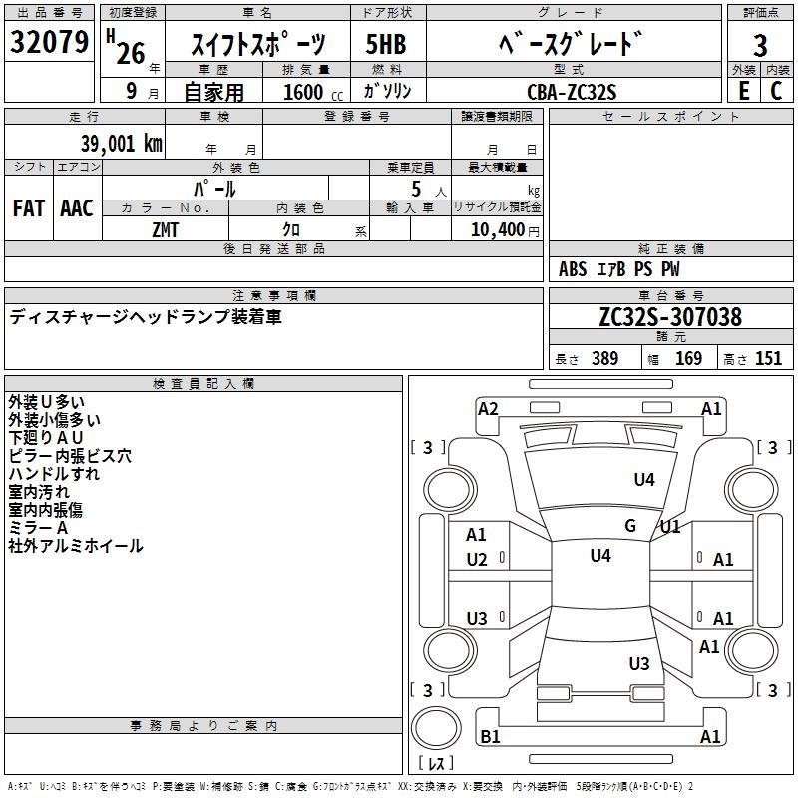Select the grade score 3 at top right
[x=760, y=45]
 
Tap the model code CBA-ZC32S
[x=572, y=91]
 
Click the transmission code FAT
[x=28, y=208]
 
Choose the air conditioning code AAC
[x=77, y=208]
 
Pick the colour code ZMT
[x=165, y=228]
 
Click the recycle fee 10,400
[x=495, y=229]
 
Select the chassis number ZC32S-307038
[x=670, y=317]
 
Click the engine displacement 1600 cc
[x=304, y=92]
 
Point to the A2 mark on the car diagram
[x=488, y=408]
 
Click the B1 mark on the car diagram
[x=490, y=737]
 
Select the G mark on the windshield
[x=630, y=526]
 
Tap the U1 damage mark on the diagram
[x=670, y=526]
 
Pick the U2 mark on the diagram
[x=477, y=560]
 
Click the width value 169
[x=688, y=359]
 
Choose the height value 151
[x=768, y=359]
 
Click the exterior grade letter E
[x=743, y=91]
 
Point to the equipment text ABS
[x=573, y=269]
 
